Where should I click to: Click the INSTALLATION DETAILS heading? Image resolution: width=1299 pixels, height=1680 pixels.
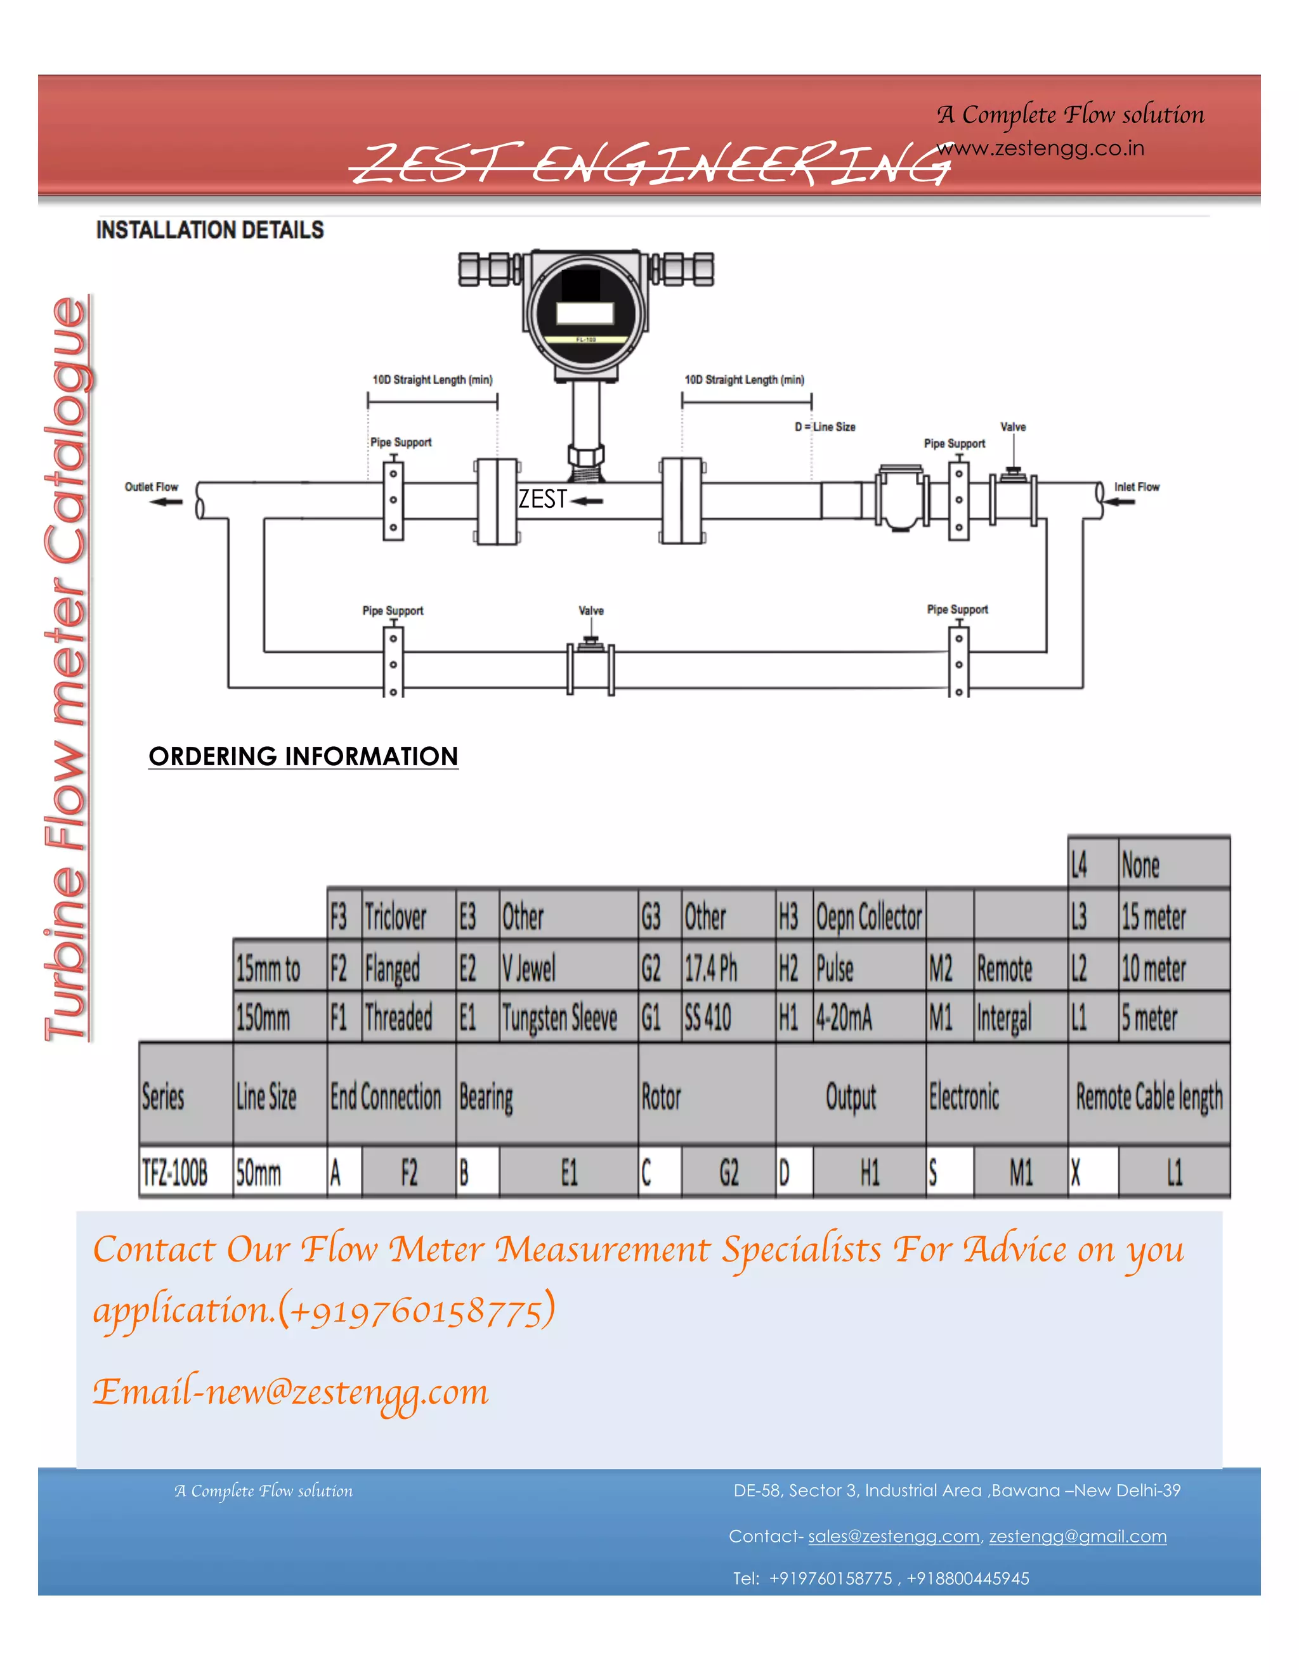tap(209, 230)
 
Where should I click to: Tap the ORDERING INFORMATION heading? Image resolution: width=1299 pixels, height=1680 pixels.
tap(303, 756)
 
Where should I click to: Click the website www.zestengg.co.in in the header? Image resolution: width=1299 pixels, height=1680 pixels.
tap(1040, 148)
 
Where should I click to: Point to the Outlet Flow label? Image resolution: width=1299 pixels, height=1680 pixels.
tap(151, 487)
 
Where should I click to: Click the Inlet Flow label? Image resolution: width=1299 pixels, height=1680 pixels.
tap(1136, 487)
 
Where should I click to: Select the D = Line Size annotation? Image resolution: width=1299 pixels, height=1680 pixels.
tap(825, 427)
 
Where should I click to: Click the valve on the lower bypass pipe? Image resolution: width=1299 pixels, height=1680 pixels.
tap(591, 666)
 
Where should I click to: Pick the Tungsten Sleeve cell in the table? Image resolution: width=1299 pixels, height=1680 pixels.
tap(559, 1018)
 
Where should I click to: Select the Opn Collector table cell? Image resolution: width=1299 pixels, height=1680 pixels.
tap(869, 916)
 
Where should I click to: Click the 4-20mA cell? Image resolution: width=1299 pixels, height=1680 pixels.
tap(844, 1018)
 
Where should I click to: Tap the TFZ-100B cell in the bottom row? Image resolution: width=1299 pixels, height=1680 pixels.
tap(174, 1173)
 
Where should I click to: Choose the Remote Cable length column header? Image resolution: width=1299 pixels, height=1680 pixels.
tap(1148, 1097)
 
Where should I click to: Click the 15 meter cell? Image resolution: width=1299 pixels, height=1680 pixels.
tap(1154, 916)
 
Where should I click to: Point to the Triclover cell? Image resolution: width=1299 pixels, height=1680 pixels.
tap(396, 916)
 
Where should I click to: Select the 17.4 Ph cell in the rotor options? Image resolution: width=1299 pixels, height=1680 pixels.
tap(711, 967)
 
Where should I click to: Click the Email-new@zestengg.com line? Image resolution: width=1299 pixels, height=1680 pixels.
tap(291, 1392)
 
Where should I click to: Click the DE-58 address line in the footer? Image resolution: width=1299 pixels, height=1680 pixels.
tap(956, 1490)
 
